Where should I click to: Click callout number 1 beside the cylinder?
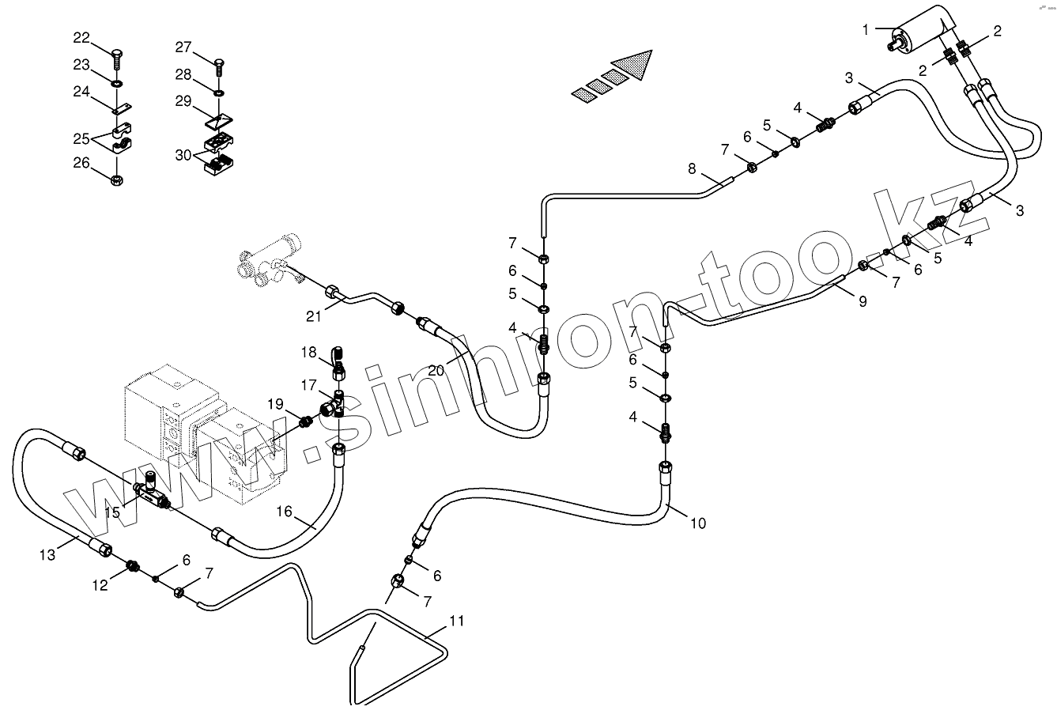pos(866,30)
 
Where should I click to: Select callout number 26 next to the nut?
pos(82,164)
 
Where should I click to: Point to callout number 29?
pos(183,100)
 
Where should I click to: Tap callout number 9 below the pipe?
pos(863,300)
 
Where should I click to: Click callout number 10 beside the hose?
pos(697,523)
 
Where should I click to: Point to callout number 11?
pos(456,621)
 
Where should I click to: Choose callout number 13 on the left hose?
pos(47,555)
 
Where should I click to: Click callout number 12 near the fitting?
pos(100,585)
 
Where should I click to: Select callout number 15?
pos(112,512)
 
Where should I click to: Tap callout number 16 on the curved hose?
pos(284,512)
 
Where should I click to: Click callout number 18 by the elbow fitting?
pos(308,351)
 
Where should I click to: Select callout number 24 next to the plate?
pos(82,92)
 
